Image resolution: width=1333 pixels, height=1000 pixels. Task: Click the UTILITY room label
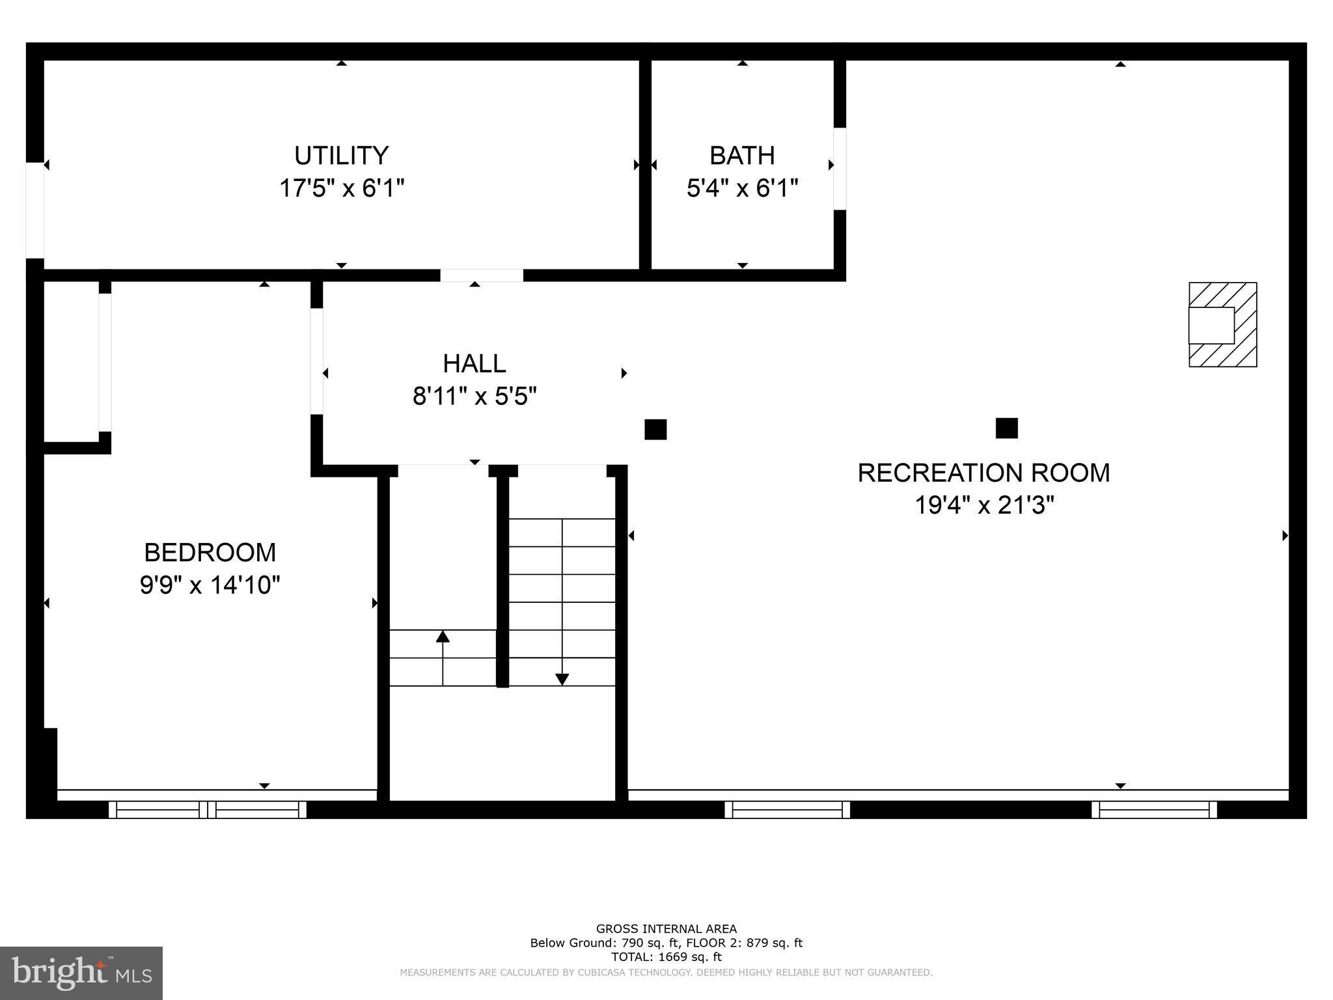click(341, 156)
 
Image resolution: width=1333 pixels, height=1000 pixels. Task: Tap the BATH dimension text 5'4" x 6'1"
click(742, 189)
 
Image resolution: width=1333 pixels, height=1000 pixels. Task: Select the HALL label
click(474, 363)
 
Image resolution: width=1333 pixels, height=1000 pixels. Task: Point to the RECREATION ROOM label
click(983, 473)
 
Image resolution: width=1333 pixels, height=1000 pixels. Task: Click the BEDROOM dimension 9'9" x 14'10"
click(210, 585)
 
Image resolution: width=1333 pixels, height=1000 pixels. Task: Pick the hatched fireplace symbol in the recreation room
click(1222, 324)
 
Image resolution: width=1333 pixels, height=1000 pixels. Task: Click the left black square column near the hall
click(655, 430)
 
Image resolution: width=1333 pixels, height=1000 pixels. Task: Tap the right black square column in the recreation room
click(1006, 428)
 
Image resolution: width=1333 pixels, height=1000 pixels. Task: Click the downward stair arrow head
click(562, 679)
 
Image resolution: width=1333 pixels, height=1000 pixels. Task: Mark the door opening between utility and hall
click(481, 275)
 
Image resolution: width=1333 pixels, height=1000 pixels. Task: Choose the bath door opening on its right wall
click(840, 169)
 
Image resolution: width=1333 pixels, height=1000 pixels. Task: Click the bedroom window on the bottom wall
click(207, 809)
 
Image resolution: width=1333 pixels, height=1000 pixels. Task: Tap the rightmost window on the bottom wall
click(1153, 809)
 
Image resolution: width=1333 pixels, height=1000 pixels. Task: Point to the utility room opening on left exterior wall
click(34, 210)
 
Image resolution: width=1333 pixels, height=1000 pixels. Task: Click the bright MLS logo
click(81, 973)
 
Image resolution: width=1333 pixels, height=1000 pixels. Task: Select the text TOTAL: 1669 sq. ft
click(666, 956)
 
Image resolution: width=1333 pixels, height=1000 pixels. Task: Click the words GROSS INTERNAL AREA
click(666, 929)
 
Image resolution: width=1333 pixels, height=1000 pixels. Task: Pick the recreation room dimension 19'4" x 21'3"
click(983, 505)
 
